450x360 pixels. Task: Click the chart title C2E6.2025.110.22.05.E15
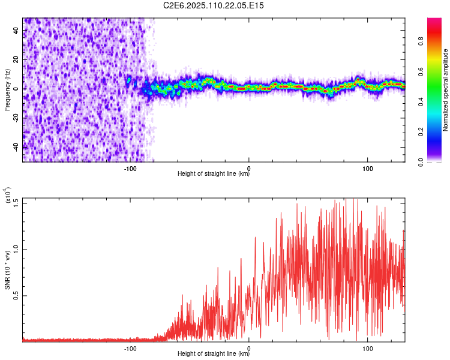[x=214, y=5]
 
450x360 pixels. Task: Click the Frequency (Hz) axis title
[x=7, y=90]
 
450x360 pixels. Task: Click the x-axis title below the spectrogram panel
[x=214, y=175]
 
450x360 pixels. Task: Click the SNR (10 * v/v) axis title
[x=7, y=269]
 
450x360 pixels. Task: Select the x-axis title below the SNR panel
[x=214, y=354]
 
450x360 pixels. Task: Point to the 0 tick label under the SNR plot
[x=249, y=348]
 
